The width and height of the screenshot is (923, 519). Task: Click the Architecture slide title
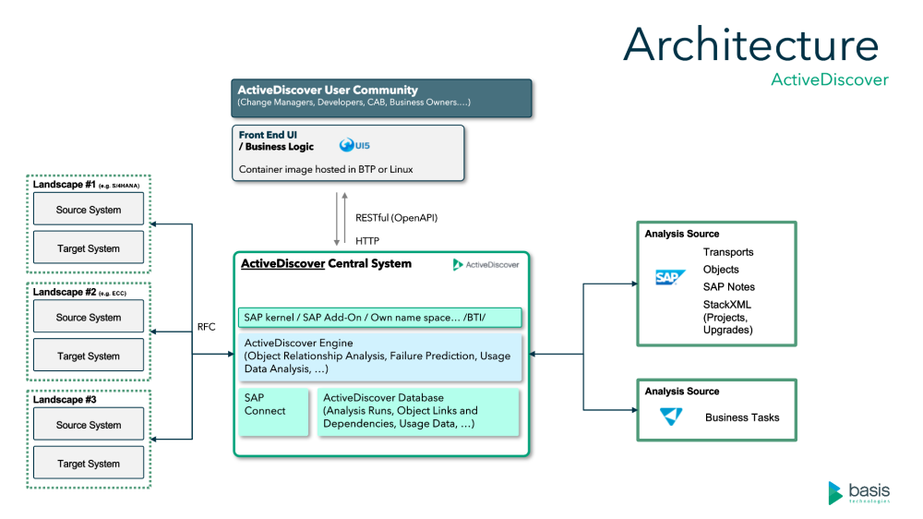point(750,44)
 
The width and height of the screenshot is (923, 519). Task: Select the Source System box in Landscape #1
point(89,210)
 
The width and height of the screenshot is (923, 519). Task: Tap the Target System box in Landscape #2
point(89,356)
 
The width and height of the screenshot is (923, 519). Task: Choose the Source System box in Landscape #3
point(89,425)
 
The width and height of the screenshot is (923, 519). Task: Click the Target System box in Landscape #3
point(89,464)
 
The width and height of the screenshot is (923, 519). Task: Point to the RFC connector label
point(206,326)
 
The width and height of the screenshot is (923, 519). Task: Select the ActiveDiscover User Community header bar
point(380,95)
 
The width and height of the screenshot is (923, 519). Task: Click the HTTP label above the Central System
point(368,240)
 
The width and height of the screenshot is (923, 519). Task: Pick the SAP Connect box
point(273,411)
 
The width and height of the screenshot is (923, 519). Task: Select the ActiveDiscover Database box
point(418,411)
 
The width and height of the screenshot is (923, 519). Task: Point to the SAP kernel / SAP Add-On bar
point(379,318)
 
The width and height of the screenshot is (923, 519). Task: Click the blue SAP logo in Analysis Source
point(670,277)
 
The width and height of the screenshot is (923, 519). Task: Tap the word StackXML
point(727,304)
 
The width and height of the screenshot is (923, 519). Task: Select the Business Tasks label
point(742,417)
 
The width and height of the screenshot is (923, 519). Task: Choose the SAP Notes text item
point(728,286)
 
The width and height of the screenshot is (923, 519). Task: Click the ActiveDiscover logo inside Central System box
point(485,265)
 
